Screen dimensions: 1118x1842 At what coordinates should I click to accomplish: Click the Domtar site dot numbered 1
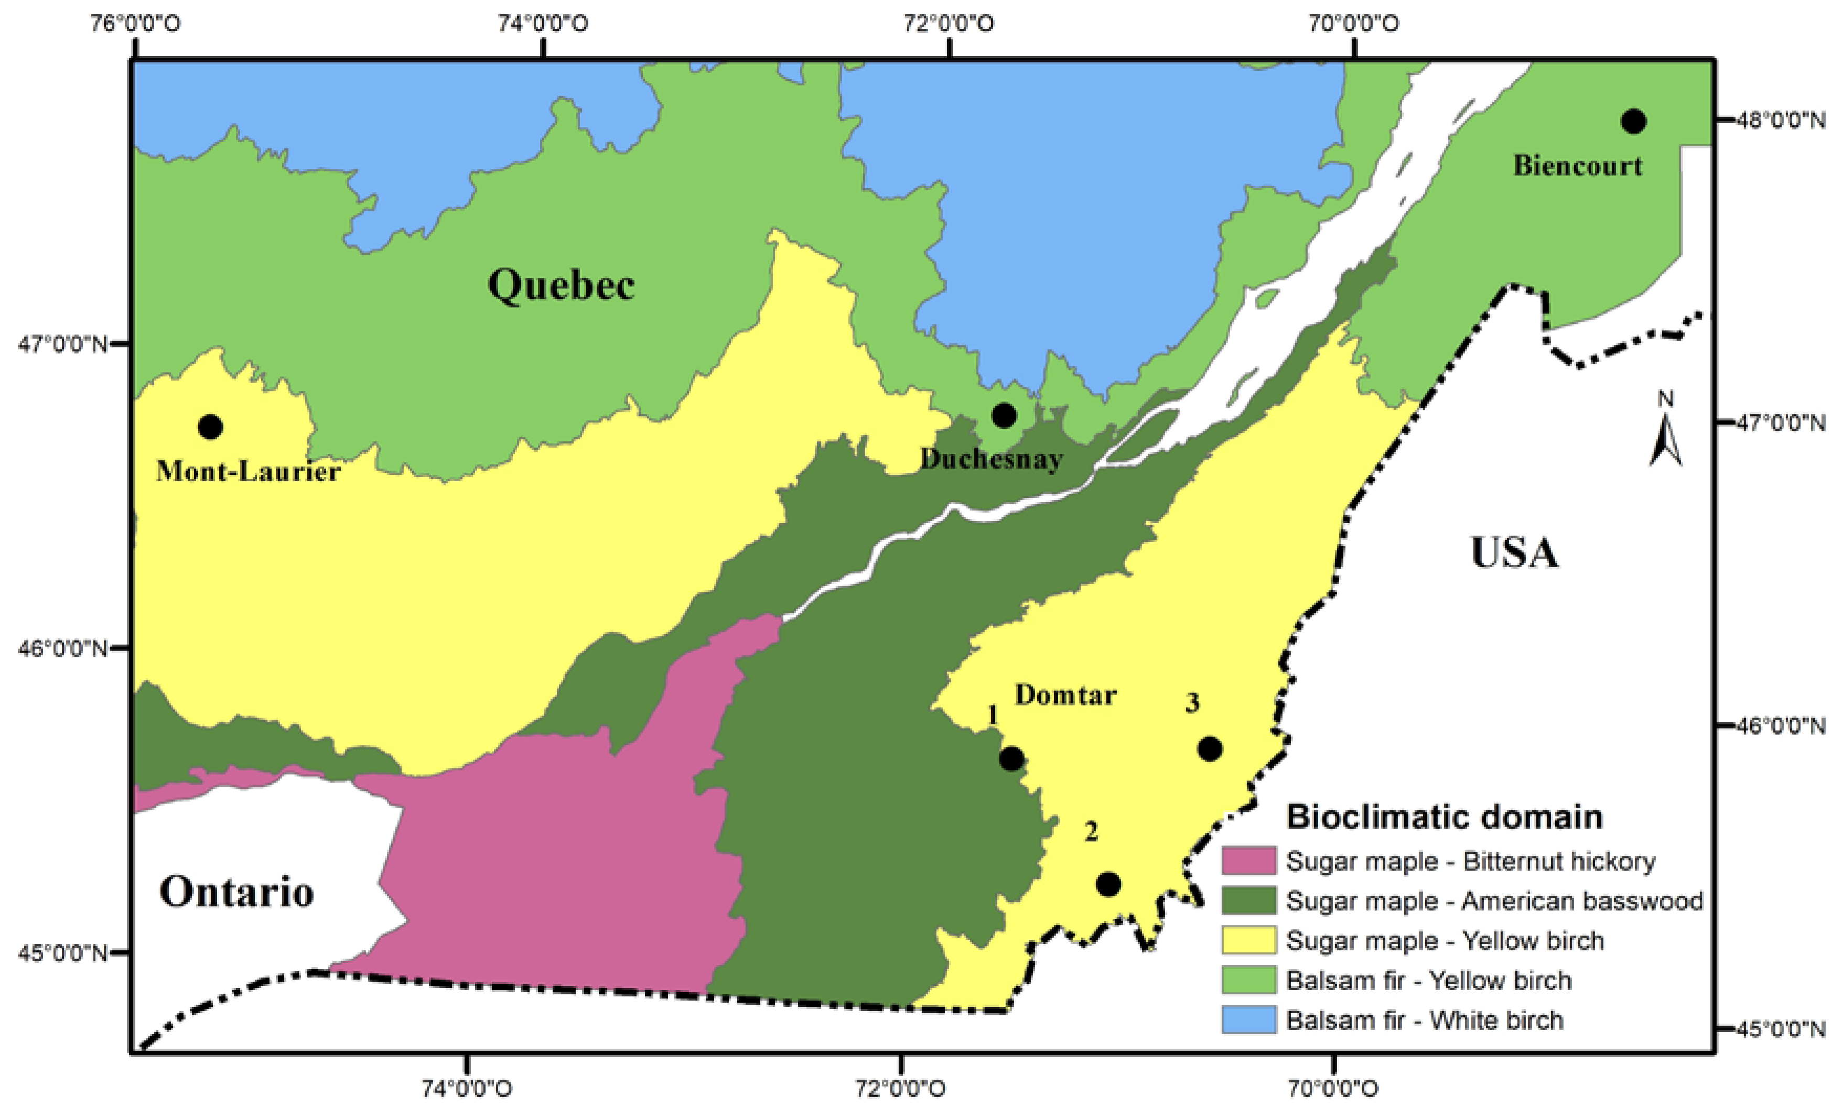pos(1011,758)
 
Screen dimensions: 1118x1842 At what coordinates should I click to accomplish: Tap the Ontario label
pos(236,892)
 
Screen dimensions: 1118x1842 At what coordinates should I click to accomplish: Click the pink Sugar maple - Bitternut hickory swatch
pos(1248,861)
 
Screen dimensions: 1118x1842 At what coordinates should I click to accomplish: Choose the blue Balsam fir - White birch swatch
pos(1248,1020)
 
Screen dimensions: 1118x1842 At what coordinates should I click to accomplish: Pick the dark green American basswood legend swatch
pos(1248,900)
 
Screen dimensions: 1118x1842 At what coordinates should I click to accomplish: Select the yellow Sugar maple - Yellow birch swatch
pos(1248,940)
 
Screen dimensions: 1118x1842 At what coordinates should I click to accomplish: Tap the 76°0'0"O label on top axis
pos(135,23)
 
